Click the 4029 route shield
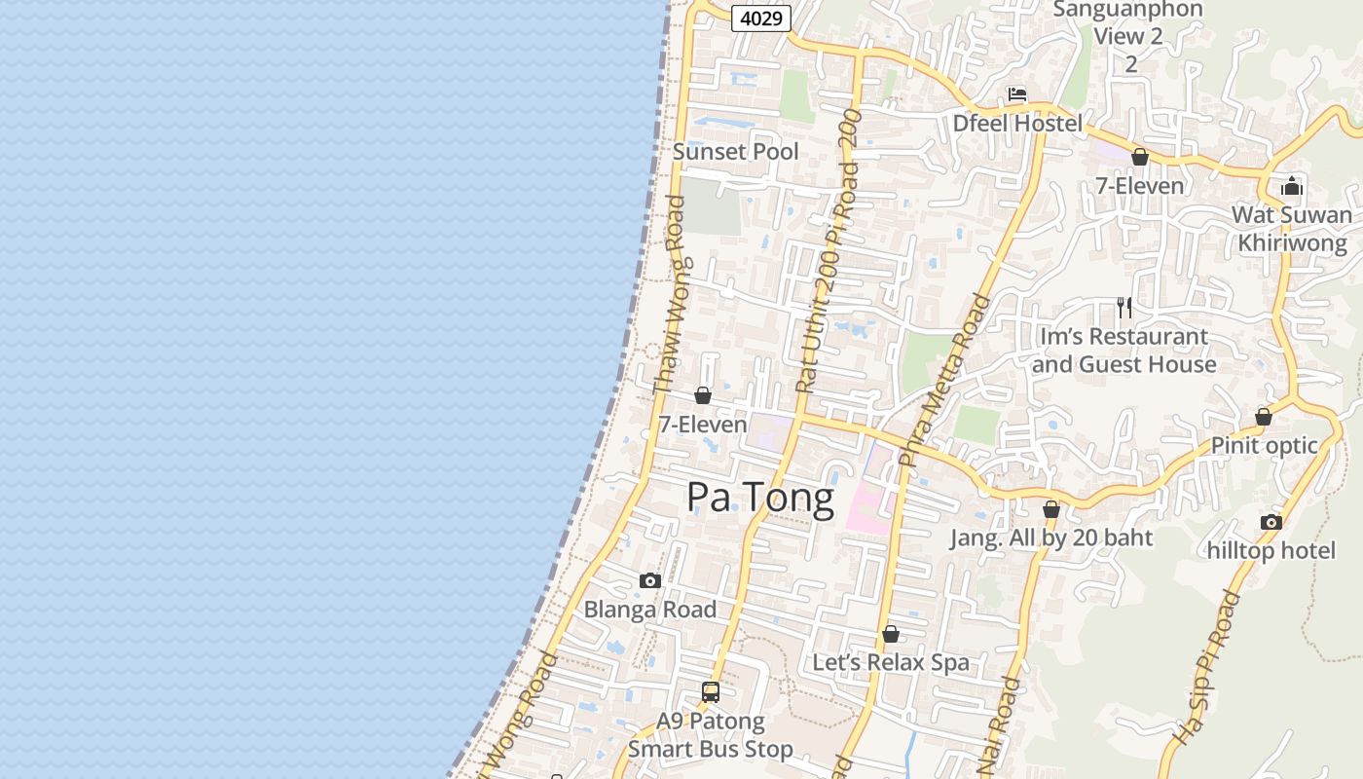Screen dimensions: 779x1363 coord(761,18)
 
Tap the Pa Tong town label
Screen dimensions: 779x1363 coord(760,498)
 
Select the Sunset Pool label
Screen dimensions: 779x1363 coord(736,151)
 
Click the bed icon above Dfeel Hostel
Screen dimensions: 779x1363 coord(1017,95)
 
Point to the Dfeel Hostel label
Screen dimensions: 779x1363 coord(1017,124)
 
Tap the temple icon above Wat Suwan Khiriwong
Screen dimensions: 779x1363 coord(1292,186)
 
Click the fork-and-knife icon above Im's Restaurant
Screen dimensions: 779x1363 coord(1124,308)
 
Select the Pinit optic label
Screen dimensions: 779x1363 coord(1264,445)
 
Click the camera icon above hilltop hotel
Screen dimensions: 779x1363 coord(1271,522)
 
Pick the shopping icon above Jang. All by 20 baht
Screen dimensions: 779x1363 coord(1051,509)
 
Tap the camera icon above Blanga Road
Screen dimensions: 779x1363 coord(650,581)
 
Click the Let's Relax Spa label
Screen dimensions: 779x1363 coord(891,662)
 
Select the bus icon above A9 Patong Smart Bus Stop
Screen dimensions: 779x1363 coord(711,692)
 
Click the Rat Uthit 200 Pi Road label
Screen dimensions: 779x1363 coord(829,263)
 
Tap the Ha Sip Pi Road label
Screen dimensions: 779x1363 coord(1206,668)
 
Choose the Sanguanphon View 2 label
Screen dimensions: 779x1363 coord(1128,23)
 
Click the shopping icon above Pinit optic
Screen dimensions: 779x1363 coord(1264,417)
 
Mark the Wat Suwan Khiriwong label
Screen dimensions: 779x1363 coord(1292,229)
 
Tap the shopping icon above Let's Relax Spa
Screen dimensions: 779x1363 coord(891,635)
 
